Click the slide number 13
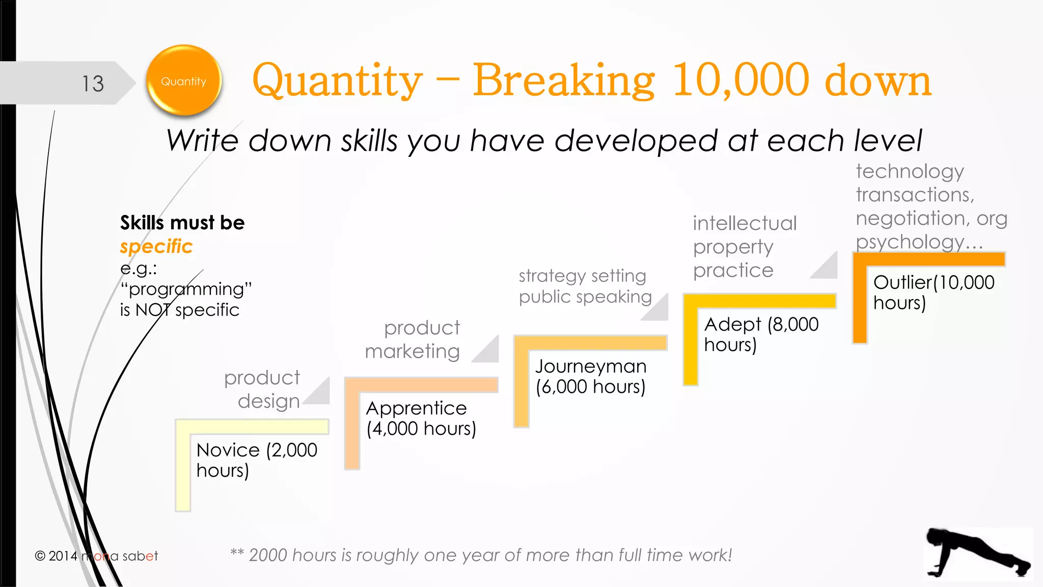93,84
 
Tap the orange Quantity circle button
184,81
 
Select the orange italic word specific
156,247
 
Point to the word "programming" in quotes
186,289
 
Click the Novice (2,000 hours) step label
256,460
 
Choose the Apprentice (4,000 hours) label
421,418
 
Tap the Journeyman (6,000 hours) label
590,376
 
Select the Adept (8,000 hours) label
761,334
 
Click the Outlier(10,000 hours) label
933,292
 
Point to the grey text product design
262,389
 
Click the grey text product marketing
413,339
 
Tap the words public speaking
585,297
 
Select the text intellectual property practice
744,247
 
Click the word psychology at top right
910,242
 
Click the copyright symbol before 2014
40,556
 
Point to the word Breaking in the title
563,80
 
